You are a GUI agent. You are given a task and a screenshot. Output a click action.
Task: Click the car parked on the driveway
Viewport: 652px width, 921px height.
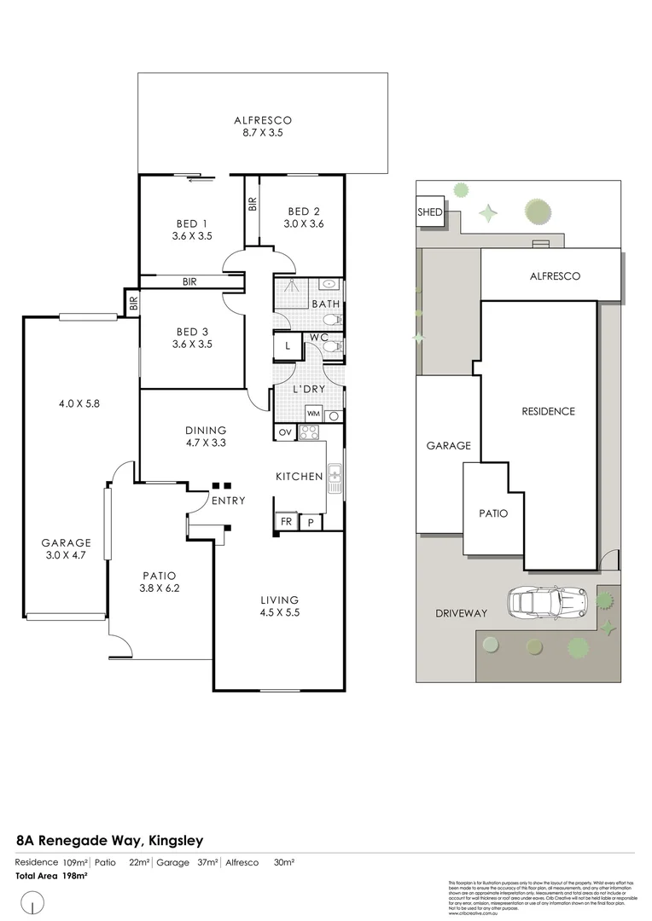click(x=545, y=603)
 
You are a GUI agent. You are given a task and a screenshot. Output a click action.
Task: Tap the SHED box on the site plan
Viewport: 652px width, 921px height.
click(x=430, y=212)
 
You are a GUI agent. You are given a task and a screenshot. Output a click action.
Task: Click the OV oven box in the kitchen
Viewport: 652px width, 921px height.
click(x=284, y=432)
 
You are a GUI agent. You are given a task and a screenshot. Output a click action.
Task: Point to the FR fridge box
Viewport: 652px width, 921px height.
click(x=284, y=522)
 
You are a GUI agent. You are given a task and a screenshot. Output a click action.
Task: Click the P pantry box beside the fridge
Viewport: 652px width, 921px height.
click(x=310, y=522)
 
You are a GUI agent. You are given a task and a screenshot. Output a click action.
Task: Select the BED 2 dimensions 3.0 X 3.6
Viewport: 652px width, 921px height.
click(x=305, y=224)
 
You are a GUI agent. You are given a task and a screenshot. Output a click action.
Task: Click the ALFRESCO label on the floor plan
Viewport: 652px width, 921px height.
click(x=263, y=120)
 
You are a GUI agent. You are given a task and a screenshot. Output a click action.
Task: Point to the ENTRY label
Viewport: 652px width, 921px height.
click(x=229, y=501)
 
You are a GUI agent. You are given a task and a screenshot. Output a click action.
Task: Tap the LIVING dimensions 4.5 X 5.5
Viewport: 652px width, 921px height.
click(x=280, y=612)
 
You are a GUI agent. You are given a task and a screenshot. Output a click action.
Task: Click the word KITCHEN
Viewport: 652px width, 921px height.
click(x=299, y=477)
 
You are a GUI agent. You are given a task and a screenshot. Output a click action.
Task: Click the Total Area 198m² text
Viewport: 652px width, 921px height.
click(x=52, y=876)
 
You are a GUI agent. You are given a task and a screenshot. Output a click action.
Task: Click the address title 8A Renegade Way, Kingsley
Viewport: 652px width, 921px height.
click(x=109, y=840)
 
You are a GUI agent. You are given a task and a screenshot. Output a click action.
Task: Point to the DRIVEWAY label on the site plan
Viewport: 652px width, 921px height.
click(x=460, y=613)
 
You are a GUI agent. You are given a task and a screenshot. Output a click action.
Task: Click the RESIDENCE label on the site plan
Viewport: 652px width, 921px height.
click(x=548, y=411)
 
